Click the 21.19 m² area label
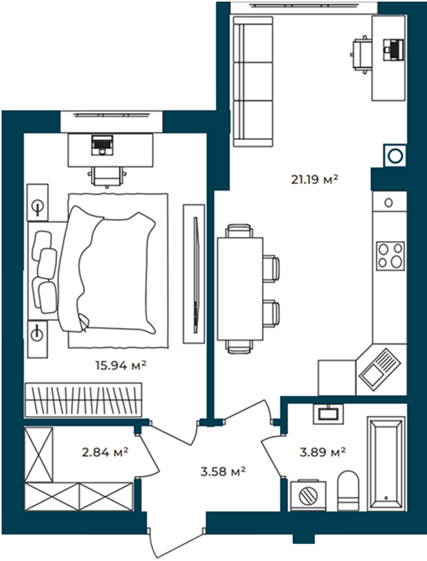315,179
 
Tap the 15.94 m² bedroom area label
120,366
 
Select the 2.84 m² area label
105,452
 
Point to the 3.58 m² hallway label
223,471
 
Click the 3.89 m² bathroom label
322,452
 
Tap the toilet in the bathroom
348,490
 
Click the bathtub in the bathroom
386,463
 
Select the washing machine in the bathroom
308,495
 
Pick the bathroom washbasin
328,414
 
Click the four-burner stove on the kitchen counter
390,256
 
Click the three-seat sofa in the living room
253,81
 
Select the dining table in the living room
240,289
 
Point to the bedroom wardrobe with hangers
83,400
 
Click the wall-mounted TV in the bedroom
194,274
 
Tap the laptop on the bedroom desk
102,145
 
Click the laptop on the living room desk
393,50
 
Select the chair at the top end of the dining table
239,230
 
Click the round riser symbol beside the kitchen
395,156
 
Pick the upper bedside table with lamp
37,203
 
